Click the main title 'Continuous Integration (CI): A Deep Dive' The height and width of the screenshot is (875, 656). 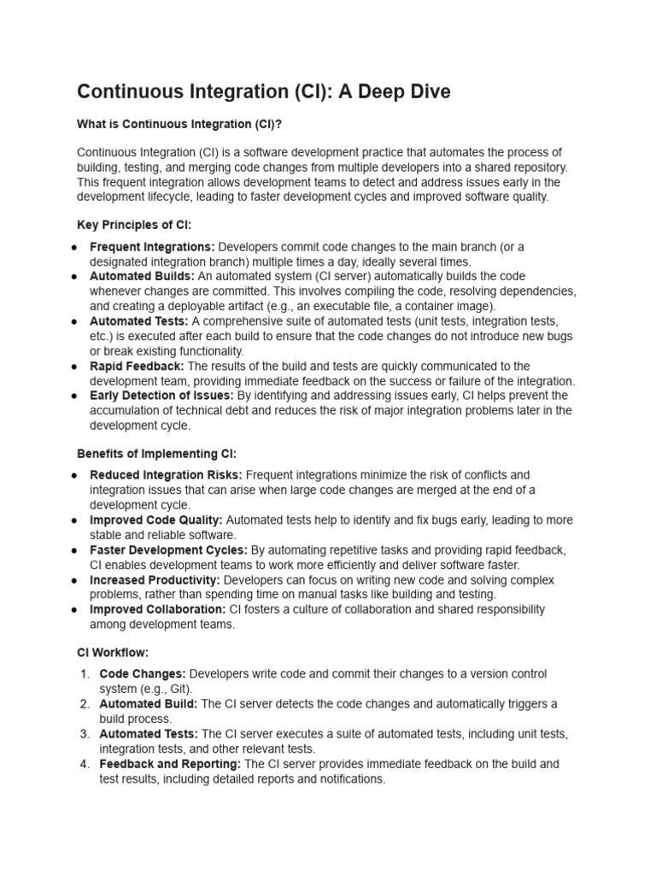(x=263, y=91)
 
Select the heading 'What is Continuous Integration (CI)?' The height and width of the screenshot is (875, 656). (x=179, y=124)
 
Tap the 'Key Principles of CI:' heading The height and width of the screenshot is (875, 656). (x=134, y=225)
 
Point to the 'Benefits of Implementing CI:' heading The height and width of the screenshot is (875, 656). (x=156, y=453)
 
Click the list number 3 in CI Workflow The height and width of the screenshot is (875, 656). (x=85, y=734)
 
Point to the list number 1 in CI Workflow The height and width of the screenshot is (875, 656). (x=85, y=674)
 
